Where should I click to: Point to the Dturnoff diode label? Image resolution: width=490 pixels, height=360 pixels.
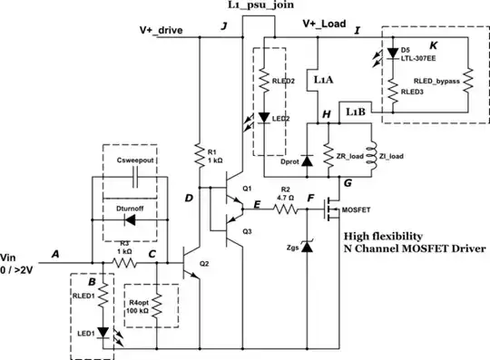[x=133, y=208]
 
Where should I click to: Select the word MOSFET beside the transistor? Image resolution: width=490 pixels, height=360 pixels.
[x=356, y=210]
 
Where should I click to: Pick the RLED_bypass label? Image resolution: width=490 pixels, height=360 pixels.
[x=431, y=80]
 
